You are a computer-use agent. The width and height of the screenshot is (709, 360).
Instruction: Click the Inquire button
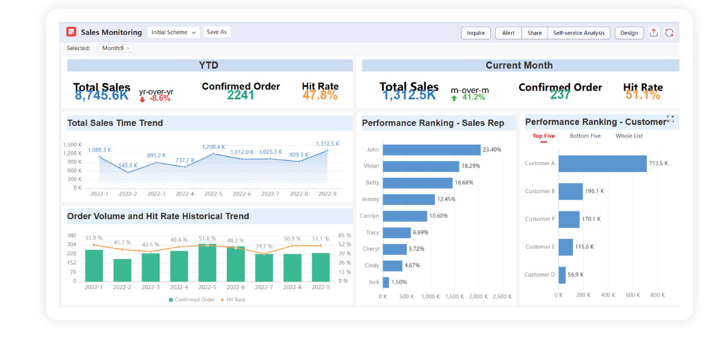pos(476,33)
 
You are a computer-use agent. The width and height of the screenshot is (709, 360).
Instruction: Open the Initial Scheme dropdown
pos(173,32)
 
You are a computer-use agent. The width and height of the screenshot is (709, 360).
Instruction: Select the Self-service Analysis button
pos(579,33)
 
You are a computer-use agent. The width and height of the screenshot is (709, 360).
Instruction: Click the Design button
pos(629,33)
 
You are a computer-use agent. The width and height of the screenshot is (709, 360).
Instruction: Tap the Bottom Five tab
pos(585,136)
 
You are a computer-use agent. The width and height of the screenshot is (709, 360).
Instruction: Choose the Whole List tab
pos(629,136)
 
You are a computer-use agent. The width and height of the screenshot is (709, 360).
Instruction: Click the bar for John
pos(431,149)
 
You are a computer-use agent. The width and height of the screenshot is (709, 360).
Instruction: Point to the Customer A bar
pos(602,163)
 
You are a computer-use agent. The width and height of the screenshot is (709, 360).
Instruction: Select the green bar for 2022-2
pos(122,270)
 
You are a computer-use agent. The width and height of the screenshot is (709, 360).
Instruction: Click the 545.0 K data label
pos(128,165)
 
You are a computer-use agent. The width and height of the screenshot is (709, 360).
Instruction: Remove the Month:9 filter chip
pos(128,49)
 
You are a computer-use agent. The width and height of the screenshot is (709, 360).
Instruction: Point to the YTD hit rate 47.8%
pos(320,95)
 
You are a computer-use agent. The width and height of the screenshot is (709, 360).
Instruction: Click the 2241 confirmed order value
pos(241,95)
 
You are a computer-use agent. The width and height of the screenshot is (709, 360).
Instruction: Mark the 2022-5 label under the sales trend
pos(213,194)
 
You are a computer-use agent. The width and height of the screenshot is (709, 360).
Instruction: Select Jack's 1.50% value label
pos(399,282)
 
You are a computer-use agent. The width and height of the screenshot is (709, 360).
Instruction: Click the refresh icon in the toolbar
pos(669,33)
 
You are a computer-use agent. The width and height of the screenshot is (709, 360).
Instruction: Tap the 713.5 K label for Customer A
pos(658,163)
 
